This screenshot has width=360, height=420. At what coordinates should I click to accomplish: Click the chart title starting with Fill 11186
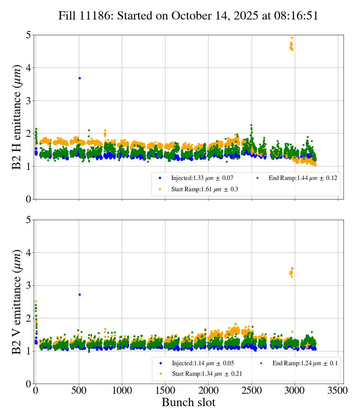[188, 16]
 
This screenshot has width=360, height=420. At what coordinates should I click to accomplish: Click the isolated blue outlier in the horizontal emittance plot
[79, 78]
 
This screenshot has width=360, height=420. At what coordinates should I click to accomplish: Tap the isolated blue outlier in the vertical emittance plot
[79, 294]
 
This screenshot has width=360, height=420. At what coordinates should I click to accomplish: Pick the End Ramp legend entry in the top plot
[298, 178]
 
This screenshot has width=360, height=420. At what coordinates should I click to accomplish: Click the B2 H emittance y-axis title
[17, 117]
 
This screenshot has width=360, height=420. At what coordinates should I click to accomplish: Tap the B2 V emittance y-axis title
[17, 302]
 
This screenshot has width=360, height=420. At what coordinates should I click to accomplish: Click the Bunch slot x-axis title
[188, 403]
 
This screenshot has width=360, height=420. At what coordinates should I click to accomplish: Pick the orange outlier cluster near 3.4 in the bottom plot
[291, 271]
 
